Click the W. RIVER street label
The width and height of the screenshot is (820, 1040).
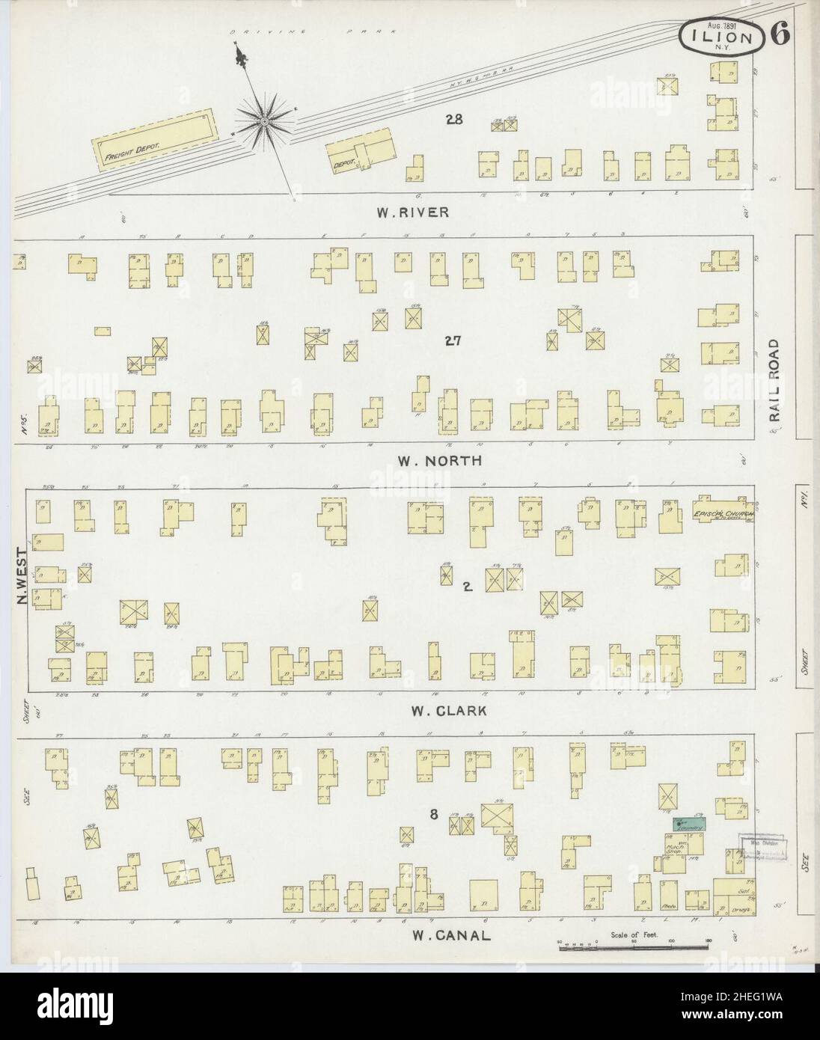(x=412, y=212)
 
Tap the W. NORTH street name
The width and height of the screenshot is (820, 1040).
(x=439, y=461)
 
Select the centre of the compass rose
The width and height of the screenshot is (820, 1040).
(x=264, y=120)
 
